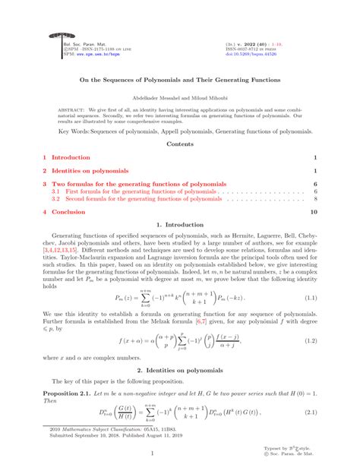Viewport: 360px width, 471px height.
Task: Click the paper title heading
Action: pos(180,79)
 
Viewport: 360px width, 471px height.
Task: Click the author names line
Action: pos(180,96)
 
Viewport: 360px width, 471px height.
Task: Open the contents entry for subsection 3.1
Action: pos(137,191)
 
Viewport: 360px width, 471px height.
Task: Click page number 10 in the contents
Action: pos(314,213)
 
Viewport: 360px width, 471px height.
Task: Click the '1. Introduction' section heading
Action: pos(180,226)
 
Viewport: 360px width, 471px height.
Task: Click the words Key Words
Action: pos(75,131)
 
